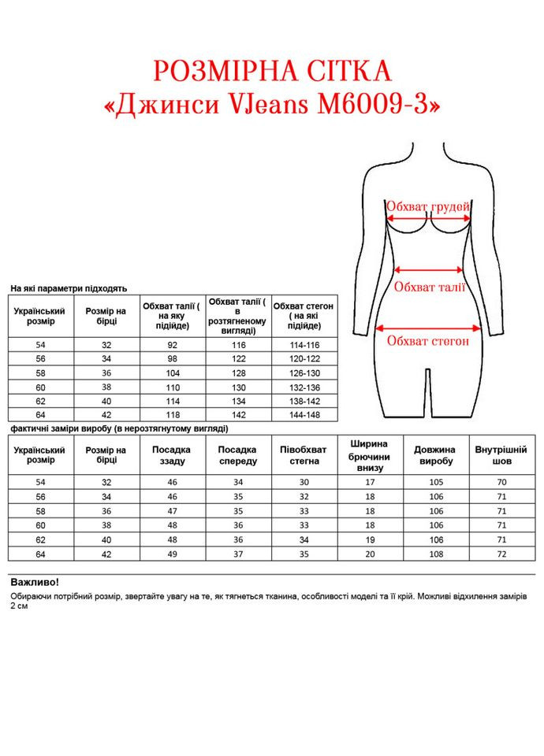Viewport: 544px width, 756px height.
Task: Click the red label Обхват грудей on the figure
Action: click(x=428, y=207)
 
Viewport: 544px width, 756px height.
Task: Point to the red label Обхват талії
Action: click(x=430, y=287)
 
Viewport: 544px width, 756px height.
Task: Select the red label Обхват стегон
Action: click(x=428, y=341)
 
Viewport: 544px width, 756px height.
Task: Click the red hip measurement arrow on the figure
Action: click(x=429, y=328)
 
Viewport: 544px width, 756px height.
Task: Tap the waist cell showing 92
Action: click(x=173, y=346)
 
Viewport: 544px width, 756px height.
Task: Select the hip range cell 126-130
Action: click(x=304, y=373)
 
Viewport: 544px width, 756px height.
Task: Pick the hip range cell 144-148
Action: click(x=304, y=414)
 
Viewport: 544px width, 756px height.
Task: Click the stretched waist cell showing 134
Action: click(x=238, y=401)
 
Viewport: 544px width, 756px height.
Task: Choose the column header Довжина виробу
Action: click(x=434, y=455)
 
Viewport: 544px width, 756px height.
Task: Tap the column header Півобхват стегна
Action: click(x=304, y=455)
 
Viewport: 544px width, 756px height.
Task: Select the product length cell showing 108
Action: click(x=434, y=554)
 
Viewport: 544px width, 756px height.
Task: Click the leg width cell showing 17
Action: click(x=371, y=482)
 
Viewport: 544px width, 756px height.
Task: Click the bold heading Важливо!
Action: click(x=35, y=582)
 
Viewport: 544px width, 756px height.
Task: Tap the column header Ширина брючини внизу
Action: click(x=371, y=455)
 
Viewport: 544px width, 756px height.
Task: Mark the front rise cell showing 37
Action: click(x=238, y=554)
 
